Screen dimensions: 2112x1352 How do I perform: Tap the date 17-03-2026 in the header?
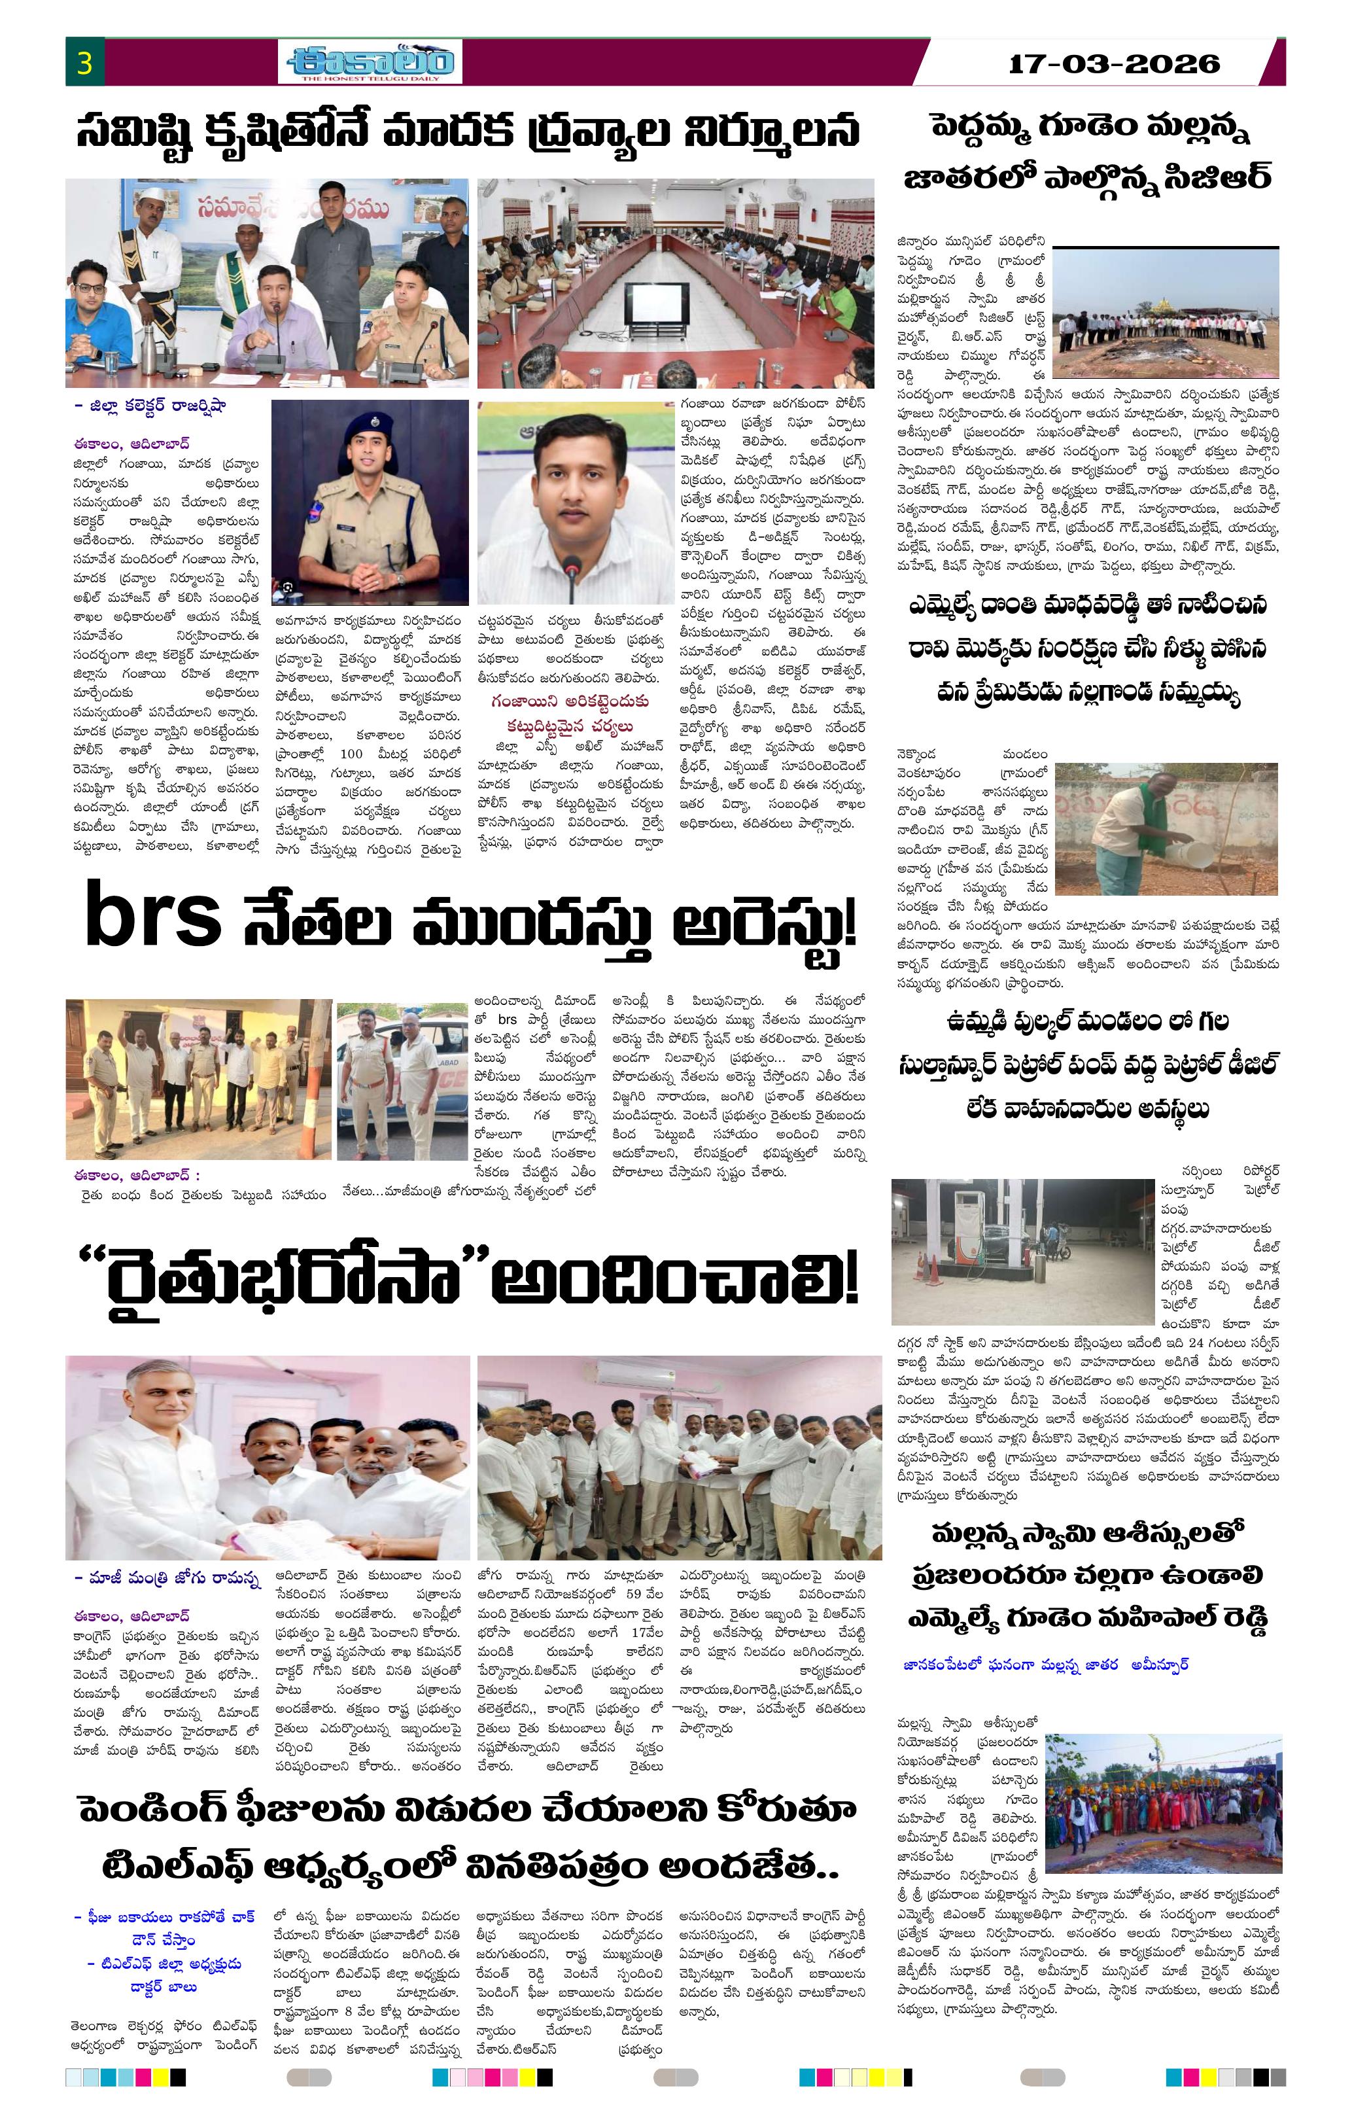tap(1113, 64)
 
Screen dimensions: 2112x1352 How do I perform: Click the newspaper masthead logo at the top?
tap(370, 62)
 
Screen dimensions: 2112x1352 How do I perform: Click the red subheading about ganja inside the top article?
tap(570, 713)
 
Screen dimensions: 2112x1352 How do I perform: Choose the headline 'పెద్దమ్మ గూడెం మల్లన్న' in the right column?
tap(1088, 128)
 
